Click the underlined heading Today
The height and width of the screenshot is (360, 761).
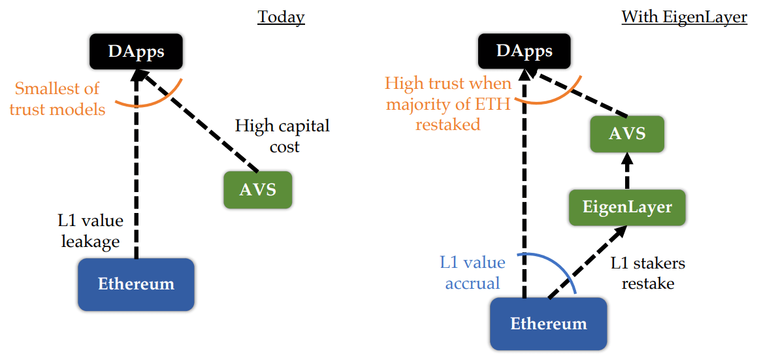point(281,16)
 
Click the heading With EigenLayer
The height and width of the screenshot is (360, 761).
point(684,16)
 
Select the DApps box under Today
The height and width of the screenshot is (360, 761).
point(137,51)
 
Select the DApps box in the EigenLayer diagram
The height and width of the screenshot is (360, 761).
point(525,51)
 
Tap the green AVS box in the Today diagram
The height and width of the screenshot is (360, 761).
point(257,189)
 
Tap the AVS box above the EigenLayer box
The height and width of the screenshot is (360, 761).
point(626,134)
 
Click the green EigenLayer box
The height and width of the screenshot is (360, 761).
point(627,208)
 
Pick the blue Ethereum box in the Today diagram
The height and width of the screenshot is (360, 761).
point(136,284)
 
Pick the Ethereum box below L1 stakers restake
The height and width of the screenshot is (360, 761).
point(548,323)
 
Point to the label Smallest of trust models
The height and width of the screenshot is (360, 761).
point(57,99)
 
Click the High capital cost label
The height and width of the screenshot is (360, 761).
point(282,135)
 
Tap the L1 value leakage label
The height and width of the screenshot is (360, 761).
point(91,231)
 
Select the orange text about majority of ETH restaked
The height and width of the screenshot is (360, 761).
point(447,103)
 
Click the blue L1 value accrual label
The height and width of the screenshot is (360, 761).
point(472,272)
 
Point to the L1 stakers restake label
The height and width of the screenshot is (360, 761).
point(648,273)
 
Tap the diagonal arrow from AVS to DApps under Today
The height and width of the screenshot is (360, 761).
point(196,124)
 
